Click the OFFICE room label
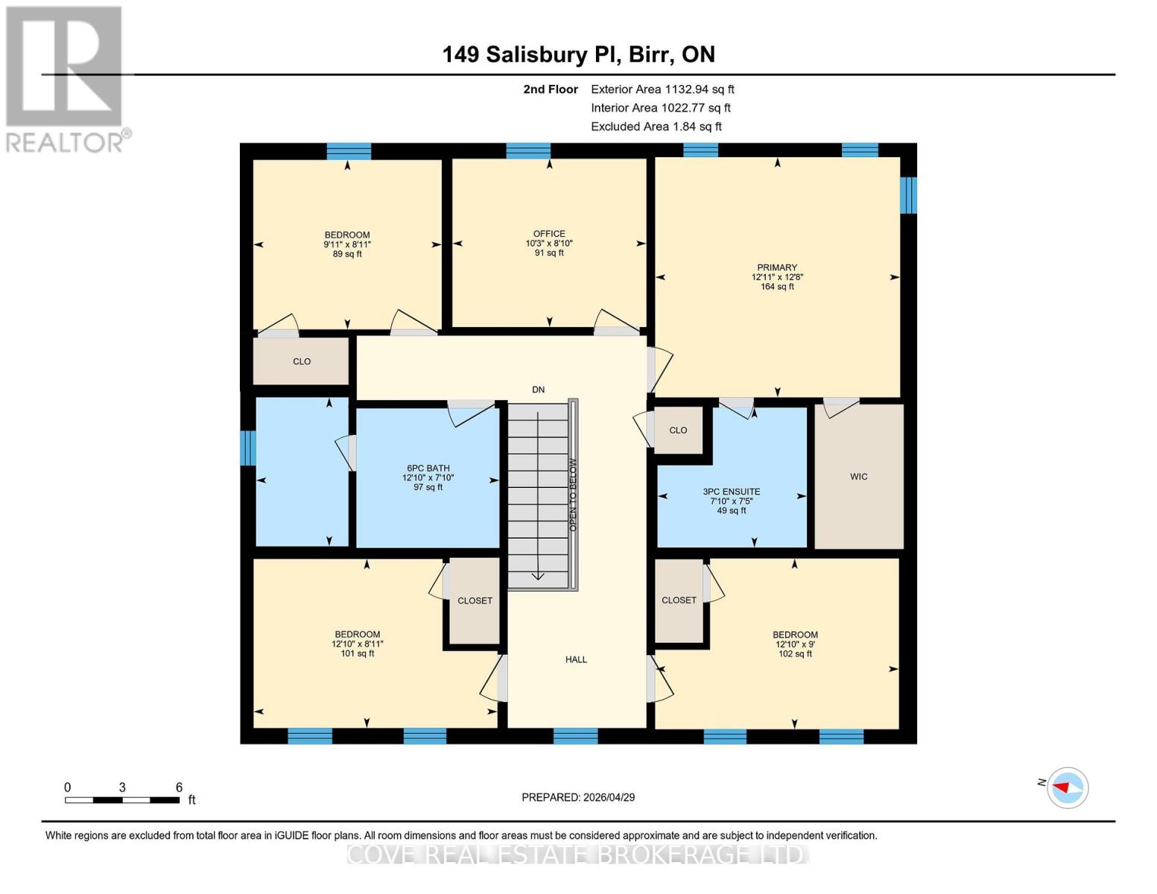(x=549, y=233)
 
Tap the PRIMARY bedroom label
(x=777, y=267)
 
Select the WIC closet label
(x=858, y=477)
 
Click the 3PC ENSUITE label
(x=731, y=492)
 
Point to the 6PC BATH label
(x=428, y=469)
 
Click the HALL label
(x=576, y=659)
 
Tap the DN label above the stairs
(x=538, y=390)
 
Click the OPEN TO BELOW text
(x=573, y=494)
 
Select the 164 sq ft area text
(x=777, y=287)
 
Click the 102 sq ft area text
(x=795, y=654)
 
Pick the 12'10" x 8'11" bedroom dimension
(x=358, y=644)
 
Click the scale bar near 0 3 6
(x=122, y=800)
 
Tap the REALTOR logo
(x=65, y=78)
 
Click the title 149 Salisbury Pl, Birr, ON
(x=578, y=54)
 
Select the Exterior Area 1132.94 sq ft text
(x=662, y=89)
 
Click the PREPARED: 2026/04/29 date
(x=578, y=797)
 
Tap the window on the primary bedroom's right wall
(x=907, y=195)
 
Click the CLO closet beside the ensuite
(x=678, y=430)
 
